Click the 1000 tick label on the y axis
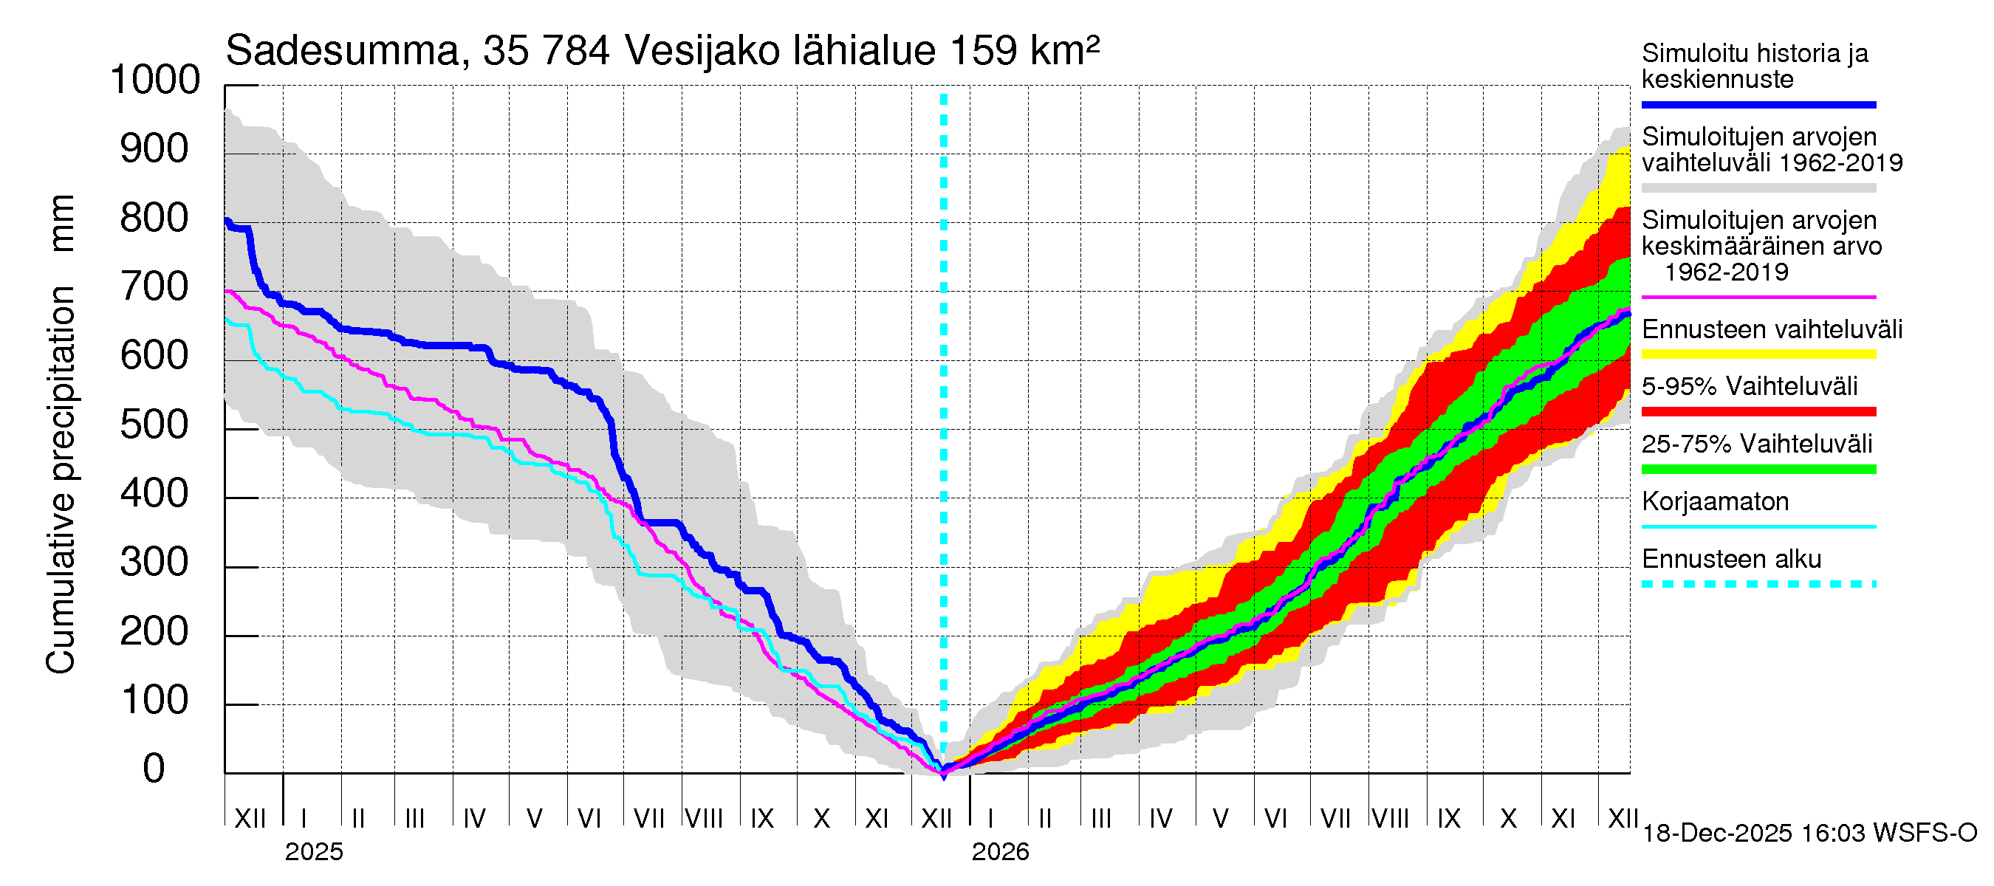click(x=155, y=80)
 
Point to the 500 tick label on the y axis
click(x=155, y=425)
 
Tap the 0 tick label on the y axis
click(x=154, y=769)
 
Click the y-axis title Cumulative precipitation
click(x=61, y=480)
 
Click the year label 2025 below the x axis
click(x=313, y=852)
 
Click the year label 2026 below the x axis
click(x=1000, y=852)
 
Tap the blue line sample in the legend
click(x=1758, y=104)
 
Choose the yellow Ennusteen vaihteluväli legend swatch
click(x=1758, y=354)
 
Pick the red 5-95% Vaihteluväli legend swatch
click(x=1758, y=412)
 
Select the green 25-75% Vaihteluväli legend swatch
click(x=1758, y=469)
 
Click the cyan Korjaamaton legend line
click(x=1758, y=527)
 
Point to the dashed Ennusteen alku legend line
click(x=1758, y=584)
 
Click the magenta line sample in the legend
click(x=1758, y=297)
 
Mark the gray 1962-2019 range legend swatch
click(x=1758, y=188)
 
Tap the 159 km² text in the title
click(x=1024, y=52)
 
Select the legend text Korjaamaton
click(x=1715, y=502)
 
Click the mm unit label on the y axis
click(x=62, y=223)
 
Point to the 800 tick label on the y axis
click(x=155, y=219)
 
